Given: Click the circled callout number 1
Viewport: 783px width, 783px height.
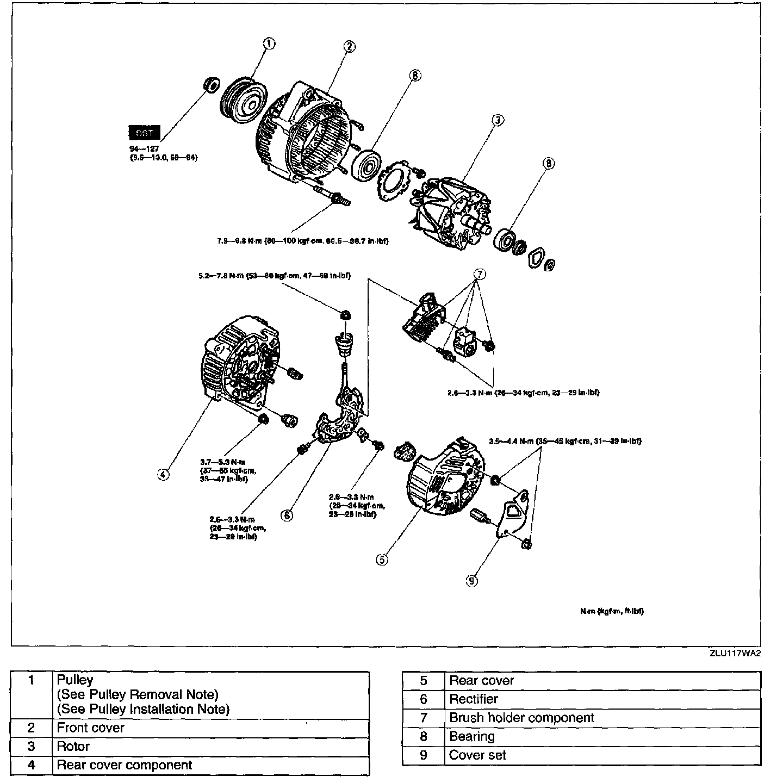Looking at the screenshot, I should coord(269,44).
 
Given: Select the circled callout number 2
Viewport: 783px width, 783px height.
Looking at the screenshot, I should coord(350,47).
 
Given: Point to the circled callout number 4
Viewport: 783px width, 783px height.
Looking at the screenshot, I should coord(163,474).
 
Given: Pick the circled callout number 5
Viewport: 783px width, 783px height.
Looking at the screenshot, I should coord(382,560).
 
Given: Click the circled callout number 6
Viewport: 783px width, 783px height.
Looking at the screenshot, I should coord(287,515).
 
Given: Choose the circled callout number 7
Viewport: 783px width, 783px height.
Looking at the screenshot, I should coord(478,275).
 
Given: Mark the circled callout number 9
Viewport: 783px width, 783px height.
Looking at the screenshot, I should coord(471,581).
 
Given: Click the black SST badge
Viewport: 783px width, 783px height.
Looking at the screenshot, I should coord(144,133).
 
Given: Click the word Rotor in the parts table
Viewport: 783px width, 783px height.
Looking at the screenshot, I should coord(73,747).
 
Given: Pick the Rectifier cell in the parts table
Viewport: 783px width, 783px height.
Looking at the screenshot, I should coord(474,699).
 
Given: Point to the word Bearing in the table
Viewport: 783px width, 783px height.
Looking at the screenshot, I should coord(472,737).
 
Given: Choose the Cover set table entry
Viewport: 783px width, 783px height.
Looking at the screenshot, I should coord(477,755).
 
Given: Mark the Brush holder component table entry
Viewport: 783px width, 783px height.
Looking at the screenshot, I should coord(521,718).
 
